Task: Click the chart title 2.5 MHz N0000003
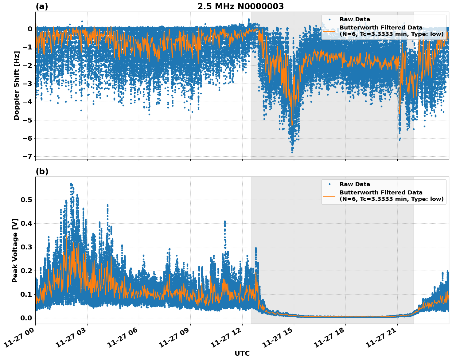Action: coord(240,6)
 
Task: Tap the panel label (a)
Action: coord(42,6)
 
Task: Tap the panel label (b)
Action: coord(42,171)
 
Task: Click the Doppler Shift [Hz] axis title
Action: coord(17,85)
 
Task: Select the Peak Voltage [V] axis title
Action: coord(15,250)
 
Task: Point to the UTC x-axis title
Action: coord(242,354)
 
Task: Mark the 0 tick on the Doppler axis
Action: coord(30,29)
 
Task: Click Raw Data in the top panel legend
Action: coord(355,19)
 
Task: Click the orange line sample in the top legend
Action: coord(329,31)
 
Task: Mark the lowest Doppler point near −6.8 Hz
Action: coord(292,152)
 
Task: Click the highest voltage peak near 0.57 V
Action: coord(71,183)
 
